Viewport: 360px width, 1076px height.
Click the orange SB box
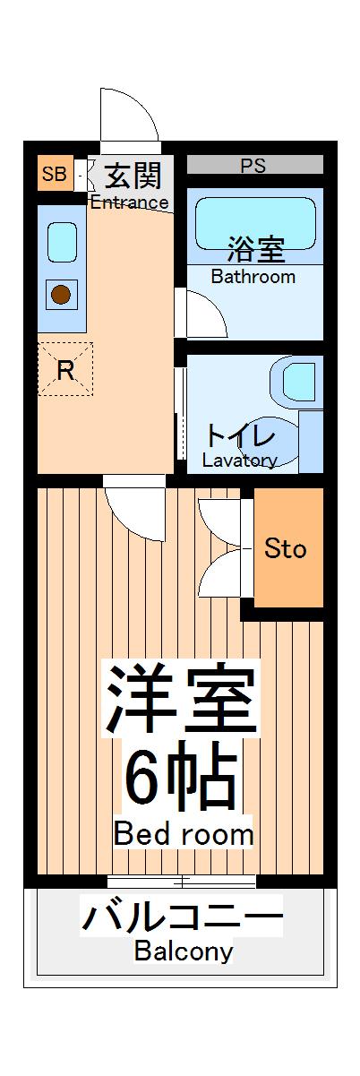[x=55, y=174]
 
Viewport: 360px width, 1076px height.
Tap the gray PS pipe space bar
[x=254, y=165]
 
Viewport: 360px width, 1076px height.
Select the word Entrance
[x=129, y=202]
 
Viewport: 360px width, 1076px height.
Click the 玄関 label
[x=131, y=174]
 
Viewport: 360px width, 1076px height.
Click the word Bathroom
[x=253, y=276]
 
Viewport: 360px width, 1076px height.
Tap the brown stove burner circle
[x=61, y=293]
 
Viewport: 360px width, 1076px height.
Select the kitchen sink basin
[x=62, y=242]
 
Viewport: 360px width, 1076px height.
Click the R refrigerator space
[x=64, y=369]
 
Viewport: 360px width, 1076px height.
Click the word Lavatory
[x=239, y=461]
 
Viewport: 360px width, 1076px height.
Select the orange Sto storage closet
[x=287, y=547]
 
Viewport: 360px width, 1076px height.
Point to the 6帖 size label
[x=182, y=778]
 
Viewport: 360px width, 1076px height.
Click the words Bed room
[x=183, y=835]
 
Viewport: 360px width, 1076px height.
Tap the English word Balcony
[x=184, y=951]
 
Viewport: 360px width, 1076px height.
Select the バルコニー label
[x=182, y=918]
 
